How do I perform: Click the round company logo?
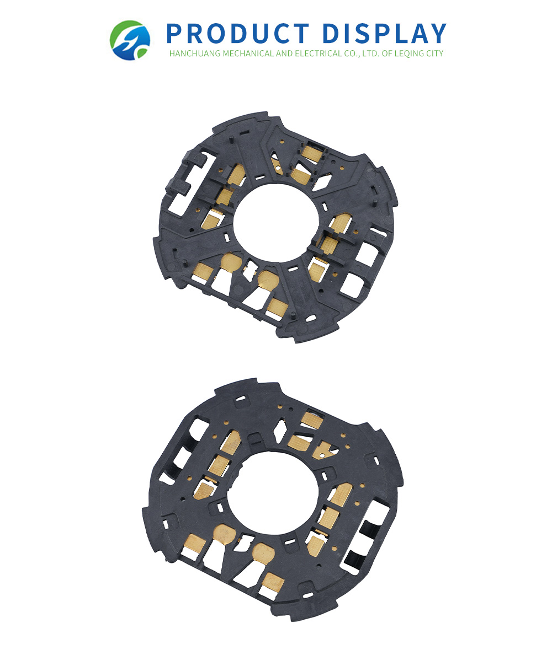(130, 40)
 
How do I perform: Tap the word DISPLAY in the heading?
(384, 34)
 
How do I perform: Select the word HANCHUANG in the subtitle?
(195, 53)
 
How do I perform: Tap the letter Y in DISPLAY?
(438, 34)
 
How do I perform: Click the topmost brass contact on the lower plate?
(311, 420)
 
